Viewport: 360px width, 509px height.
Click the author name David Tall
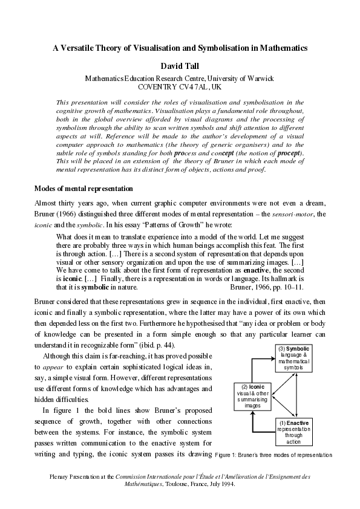point(179,65)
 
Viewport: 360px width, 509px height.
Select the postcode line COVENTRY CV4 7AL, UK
point(180,87)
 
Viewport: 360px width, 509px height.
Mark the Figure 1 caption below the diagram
point(273,455)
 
